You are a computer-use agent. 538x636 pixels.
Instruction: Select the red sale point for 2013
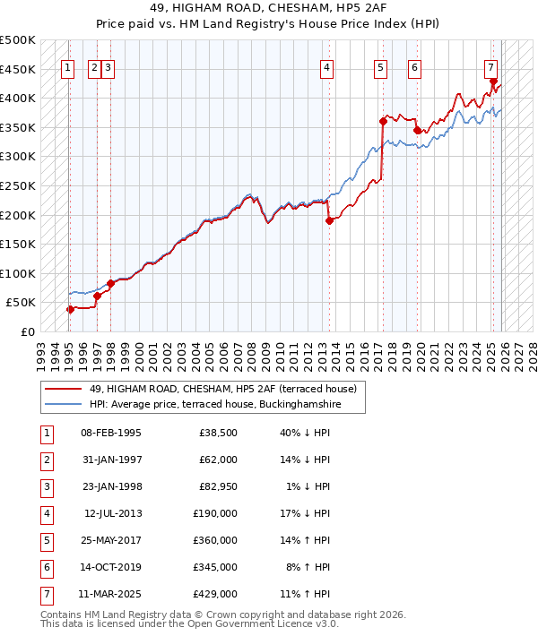pyautogui.click(x=329, y=220)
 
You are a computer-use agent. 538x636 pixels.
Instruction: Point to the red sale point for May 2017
pyautogui.click(x=383, y=121)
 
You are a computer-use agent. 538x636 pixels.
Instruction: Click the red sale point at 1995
pyautogui.click(x=70, y=309)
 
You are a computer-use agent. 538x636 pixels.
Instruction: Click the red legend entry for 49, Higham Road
pyautogui.click(x=223, y=389)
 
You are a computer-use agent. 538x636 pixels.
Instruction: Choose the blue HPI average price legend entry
pyautogui.click(x=215, y=404)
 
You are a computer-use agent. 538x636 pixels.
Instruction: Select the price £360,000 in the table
pyautogui.click(x=215, y=540)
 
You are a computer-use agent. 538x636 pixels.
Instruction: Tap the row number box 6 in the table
pyautogui.click(x=46, y=567)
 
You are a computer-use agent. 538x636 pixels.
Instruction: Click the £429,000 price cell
pyautogui.click(x=215, y=594)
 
